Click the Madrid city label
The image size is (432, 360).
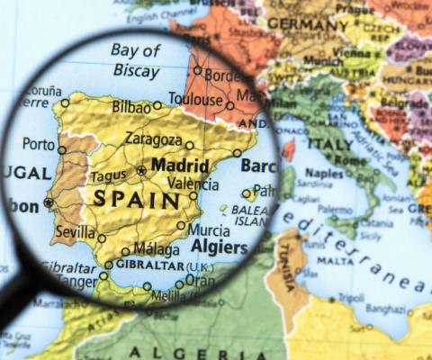click(180, 166)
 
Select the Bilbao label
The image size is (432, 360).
click(131, 107)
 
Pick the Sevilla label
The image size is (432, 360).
click(75, 231)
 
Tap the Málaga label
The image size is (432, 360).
click(156, 249)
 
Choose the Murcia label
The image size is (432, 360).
click(208, 229)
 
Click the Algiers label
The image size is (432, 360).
click(220, 247)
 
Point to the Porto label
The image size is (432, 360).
click(39, 143)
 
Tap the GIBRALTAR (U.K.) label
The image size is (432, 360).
click(160, 267)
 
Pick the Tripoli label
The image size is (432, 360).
click(352, 298)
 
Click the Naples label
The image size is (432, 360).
click(325, 173)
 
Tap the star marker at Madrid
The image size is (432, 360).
click(141, 170)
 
